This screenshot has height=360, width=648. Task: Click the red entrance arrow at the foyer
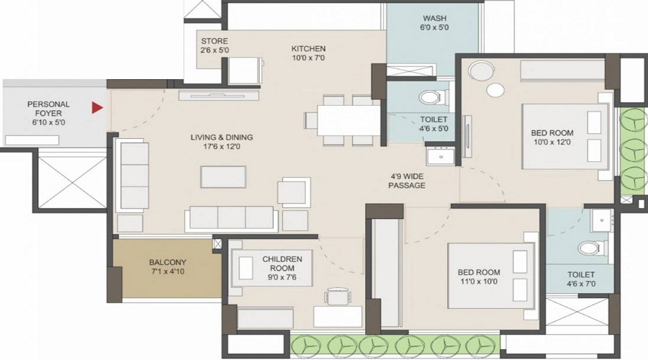coord(97,108)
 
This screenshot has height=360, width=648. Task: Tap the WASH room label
coord(434,18)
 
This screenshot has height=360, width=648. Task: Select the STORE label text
coord(215,41)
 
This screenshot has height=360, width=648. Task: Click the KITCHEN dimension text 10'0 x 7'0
coord(308,58)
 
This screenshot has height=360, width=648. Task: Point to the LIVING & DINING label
coord(222,138)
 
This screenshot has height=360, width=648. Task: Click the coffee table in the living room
coord(223,177)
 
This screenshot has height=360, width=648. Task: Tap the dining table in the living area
coord(348,120)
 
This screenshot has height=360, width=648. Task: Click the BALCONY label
coord(167,262)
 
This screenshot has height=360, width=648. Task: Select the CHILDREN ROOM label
coord(282,264)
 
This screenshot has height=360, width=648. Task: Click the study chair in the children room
coord(338,296)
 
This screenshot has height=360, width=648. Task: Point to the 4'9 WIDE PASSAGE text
coord(407,181)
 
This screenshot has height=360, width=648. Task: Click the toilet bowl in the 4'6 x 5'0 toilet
coord(431,98)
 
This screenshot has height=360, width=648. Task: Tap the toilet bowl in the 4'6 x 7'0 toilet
coord(590,248)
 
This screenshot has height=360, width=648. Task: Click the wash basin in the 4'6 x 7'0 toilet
coord(601,220)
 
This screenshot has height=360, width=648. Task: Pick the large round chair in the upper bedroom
coord(482,71)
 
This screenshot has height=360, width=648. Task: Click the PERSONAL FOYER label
coord(49,109)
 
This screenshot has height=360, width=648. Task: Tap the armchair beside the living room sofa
coord(294,192)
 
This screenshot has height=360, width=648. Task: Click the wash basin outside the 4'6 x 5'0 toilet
coord(441,156)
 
